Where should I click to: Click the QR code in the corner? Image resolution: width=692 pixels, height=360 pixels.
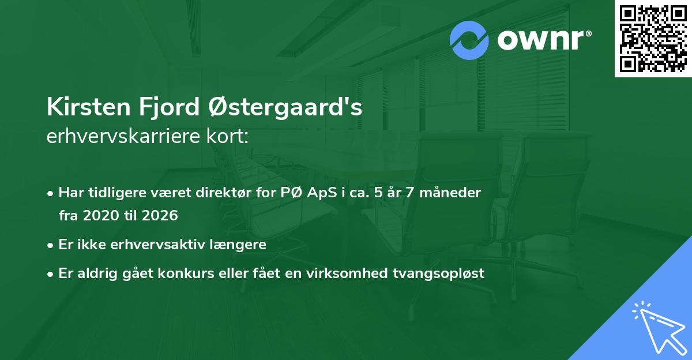click(x=653, y=38)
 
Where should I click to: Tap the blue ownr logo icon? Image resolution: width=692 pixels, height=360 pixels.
click(x=469, y=40)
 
